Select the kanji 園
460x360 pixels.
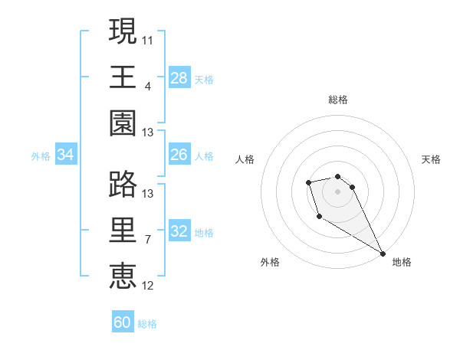(x=123, y=123)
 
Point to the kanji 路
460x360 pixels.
(x=123, y=185)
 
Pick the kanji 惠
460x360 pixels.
(x=123, y=276)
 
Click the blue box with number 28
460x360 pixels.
(x=179, y=78)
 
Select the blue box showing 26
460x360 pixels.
(x=179, y=155)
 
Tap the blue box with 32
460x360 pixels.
(x=179, y=231)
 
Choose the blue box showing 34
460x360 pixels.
(x=66, y=155)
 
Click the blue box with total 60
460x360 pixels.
(x=123, y=322)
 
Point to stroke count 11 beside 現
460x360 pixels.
(x=148, y=40)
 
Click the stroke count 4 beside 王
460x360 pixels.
(x=147, y=86)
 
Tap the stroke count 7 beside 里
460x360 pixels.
(x=147, y=239)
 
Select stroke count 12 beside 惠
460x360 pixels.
(x=148, y=285)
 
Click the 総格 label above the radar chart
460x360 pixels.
(x=337, y=100)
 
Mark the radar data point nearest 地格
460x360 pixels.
(x=383, y=254)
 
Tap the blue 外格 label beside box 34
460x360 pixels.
(x=41, y=156)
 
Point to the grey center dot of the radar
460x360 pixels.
(x=337, y=191)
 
